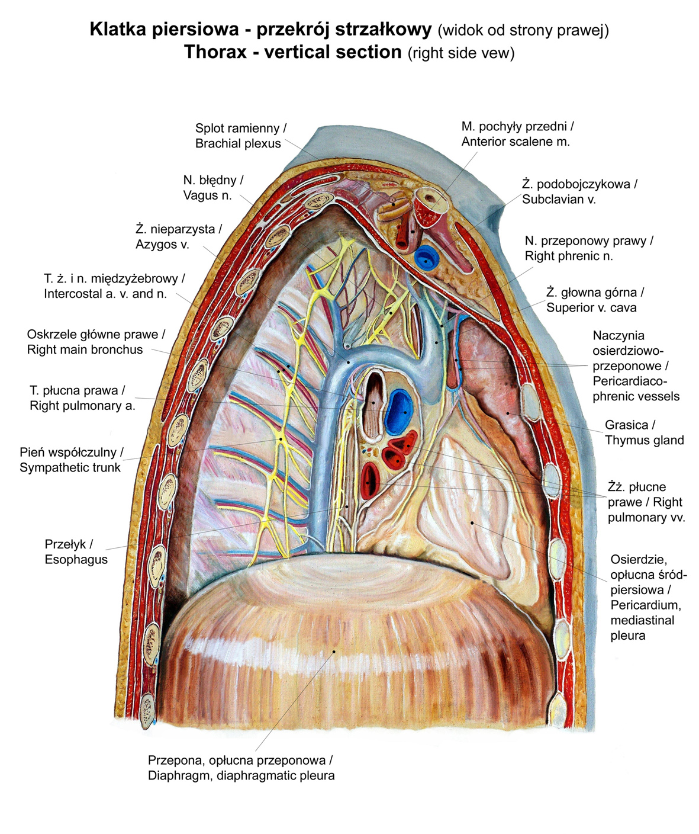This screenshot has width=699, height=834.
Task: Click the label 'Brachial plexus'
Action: point(238,144)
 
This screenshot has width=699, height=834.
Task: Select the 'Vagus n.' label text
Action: point(207,195)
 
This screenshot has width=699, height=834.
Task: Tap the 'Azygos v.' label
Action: point(162,244)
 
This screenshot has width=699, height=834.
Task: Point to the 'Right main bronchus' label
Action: point(85,349)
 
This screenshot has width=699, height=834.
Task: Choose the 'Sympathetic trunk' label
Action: point(70,467)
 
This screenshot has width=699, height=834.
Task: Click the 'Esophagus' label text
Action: point(76,559)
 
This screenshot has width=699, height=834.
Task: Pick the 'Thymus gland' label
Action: point(644,440)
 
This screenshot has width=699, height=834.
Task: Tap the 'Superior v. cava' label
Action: point(591,307)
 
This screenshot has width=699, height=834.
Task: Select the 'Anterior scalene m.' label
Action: point(516,142)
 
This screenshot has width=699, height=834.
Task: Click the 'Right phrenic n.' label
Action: point(568,256)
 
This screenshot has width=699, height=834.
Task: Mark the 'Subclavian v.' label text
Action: point(558,199)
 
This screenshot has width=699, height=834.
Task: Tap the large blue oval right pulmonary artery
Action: point(398,409)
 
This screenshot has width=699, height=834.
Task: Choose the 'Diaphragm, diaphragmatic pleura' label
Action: point(241,775)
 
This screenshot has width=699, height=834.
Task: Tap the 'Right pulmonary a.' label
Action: point(82,406)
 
